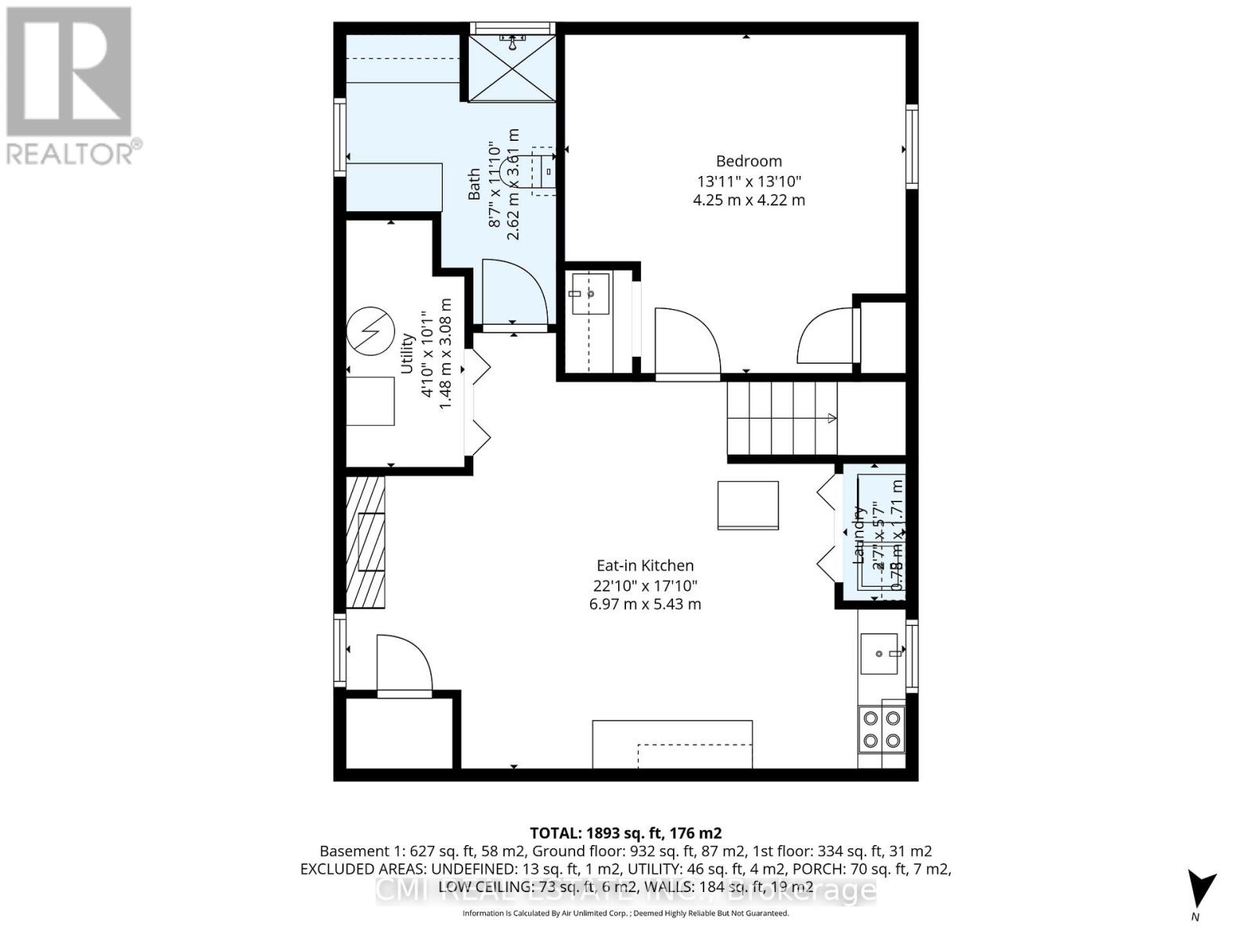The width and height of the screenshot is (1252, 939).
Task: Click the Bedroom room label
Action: point(749,161)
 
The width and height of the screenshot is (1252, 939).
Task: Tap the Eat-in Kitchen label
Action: point(645,566)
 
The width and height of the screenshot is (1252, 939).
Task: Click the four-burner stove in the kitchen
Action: point(881,729)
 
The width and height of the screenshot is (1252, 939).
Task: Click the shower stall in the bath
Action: point(513,68)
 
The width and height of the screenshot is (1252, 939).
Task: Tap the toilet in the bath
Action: point(544,171)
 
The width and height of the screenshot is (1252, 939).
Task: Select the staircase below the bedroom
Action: point(782,418)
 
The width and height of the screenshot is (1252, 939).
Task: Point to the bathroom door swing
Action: point(513,291)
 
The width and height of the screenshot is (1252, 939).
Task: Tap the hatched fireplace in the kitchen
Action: point(365,542)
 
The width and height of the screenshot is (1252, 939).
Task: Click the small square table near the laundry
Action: point(748,505)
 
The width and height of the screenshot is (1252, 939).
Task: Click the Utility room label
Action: point(407,353)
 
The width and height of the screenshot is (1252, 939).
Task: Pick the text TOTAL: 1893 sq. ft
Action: point(625,833)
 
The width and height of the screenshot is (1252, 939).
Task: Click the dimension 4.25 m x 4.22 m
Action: point(749,200)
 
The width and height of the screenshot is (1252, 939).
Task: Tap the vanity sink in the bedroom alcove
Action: point(590,293)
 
